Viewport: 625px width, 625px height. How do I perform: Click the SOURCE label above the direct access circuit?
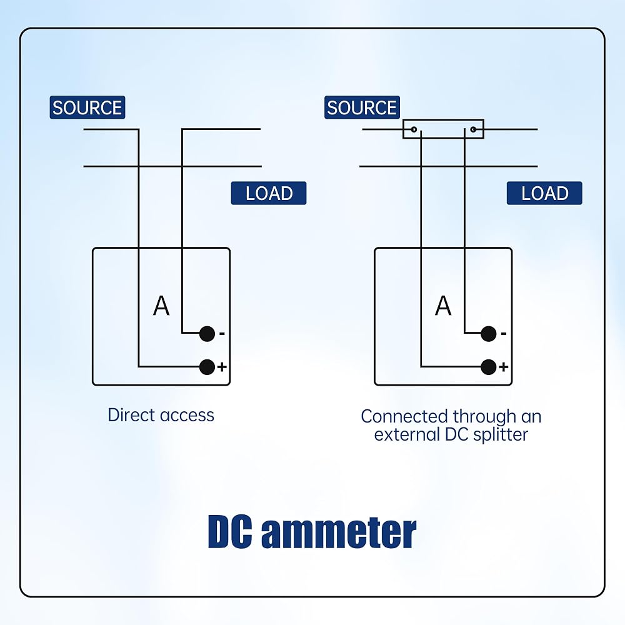[87, 107]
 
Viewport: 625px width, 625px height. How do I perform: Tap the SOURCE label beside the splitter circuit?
[362, 107]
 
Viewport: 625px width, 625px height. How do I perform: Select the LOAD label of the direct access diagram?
[269, 193]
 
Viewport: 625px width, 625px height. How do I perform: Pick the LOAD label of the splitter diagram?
[544, 193]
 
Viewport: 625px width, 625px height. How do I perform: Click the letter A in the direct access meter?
[161, 306]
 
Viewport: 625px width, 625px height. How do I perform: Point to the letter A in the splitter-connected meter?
[443, 306]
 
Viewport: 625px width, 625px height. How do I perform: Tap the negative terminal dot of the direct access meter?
[207, 334]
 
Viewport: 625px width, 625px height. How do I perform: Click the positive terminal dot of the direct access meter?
[207, 367]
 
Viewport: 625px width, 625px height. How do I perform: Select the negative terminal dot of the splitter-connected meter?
[489, 334]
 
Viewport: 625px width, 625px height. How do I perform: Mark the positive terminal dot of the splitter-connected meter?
[489, 367]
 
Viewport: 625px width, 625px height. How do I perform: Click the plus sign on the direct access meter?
[222, 367]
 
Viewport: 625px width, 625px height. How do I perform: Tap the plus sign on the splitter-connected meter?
[504, 367]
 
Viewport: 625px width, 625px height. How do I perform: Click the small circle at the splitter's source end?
[414, 129]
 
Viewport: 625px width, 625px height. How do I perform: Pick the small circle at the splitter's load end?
[473, 129]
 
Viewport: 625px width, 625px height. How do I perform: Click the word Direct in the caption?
[131, 415]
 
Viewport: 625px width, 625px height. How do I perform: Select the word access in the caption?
[187, 416]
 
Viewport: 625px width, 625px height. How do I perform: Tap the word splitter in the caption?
[501, 435]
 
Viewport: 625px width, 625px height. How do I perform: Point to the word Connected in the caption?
[404, 416]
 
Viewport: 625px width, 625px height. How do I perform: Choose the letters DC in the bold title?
[231, 532]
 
